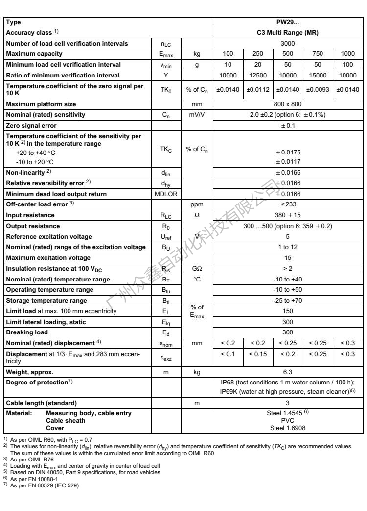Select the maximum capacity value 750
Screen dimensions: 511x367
coord(318,54)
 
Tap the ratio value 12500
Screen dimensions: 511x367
coord(258,75)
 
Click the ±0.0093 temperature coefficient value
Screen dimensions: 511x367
coord(318,89)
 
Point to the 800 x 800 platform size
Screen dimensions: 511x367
coord(288,104)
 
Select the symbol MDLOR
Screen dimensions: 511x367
coord(166,194)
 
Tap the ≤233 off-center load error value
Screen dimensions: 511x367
coord(288,204)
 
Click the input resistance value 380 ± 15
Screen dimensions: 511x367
coord(288,215)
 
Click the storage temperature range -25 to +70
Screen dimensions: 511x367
coord(288,301)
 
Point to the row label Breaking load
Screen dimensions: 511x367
coord(27,332)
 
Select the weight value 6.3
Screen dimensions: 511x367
coord(288,373)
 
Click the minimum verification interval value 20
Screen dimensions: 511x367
coord(258,65)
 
